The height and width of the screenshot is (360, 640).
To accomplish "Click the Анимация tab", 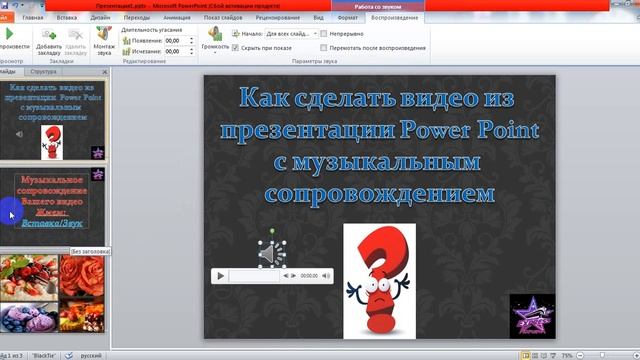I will pos(175,17).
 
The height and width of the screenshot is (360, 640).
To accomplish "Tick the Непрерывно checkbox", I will pos(324,33).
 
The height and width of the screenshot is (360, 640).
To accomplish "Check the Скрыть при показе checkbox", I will pos(236,47).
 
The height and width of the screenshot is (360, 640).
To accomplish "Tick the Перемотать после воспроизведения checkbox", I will pos(324,47).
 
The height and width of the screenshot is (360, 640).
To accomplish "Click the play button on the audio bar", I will pos(219,274).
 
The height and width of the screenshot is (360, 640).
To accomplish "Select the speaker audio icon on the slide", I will pos(270,256).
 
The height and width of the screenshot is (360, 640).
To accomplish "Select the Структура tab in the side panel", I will pos(44,72).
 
